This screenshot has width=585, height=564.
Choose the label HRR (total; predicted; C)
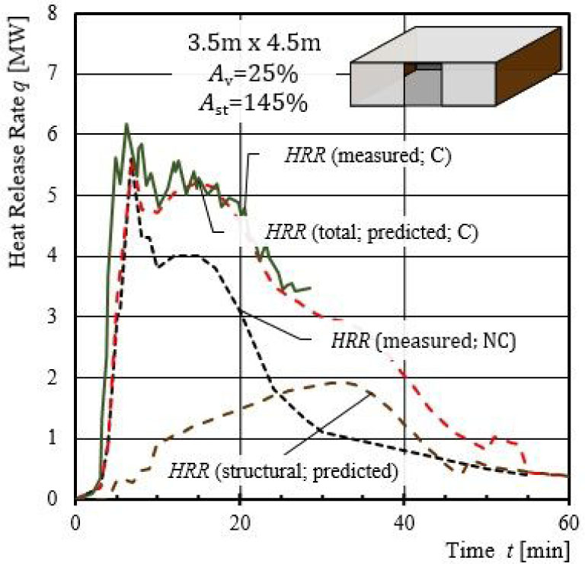pos(371,233)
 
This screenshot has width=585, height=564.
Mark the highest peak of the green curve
pos(126,124)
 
